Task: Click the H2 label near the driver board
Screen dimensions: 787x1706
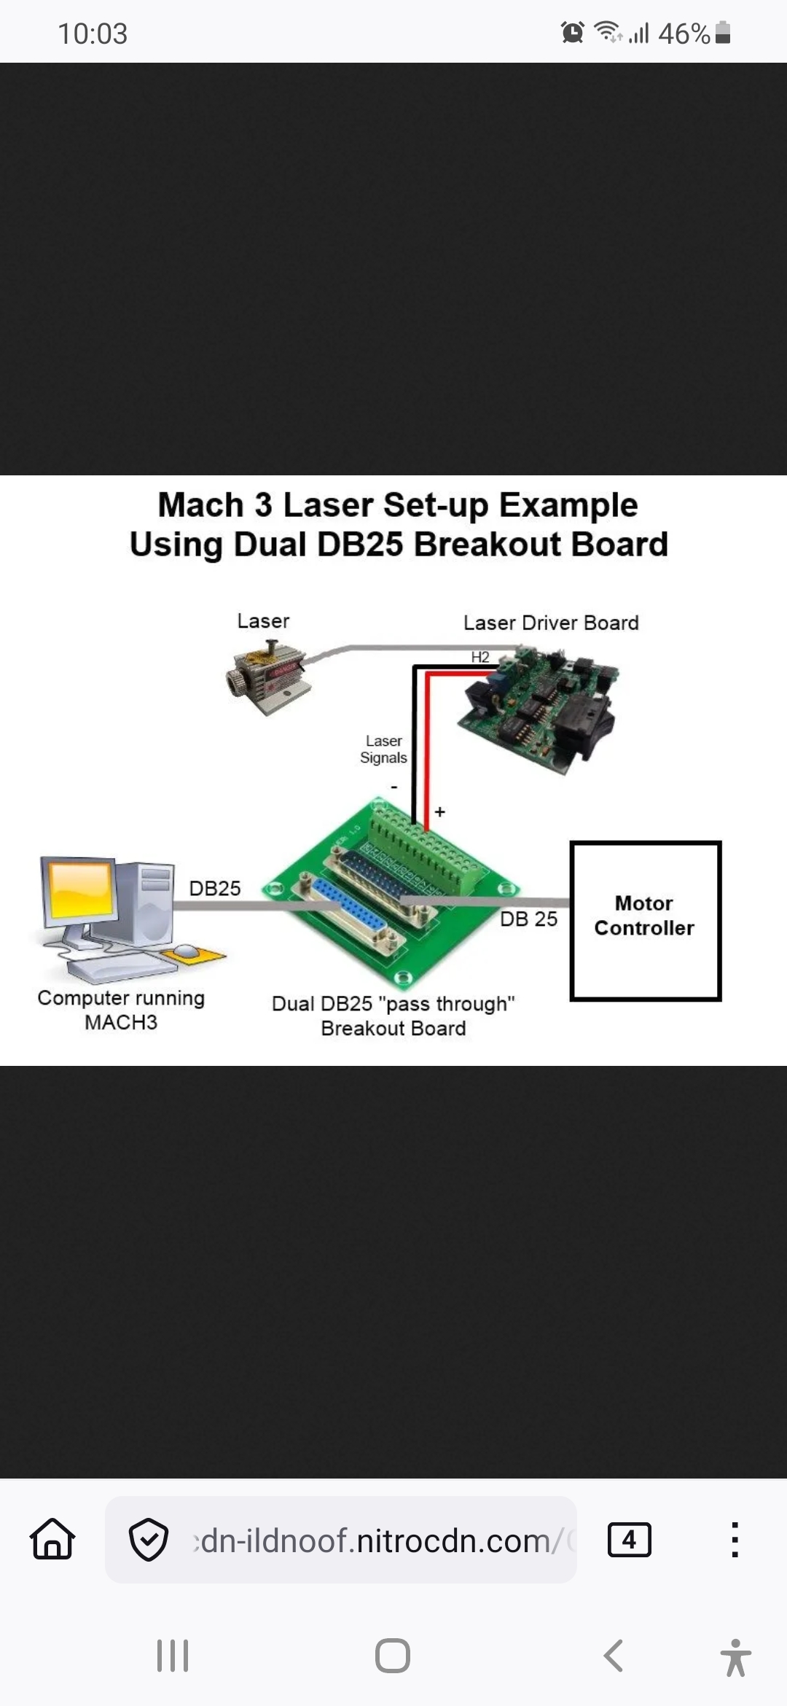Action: point(480,657)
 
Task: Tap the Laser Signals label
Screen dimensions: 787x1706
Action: point(383,749)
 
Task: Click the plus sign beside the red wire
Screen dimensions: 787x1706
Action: point(440,811)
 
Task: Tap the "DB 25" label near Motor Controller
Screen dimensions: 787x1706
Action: point(528,919)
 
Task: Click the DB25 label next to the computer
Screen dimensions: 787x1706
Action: point(215,888)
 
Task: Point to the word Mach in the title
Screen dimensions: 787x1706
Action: point(200,505)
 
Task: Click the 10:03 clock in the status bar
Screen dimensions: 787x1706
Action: point(93,34)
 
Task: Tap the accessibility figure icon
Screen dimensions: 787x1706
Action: point(736,1657)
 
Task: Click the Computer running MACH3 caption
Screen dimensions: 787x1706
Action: point(121,1010)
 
